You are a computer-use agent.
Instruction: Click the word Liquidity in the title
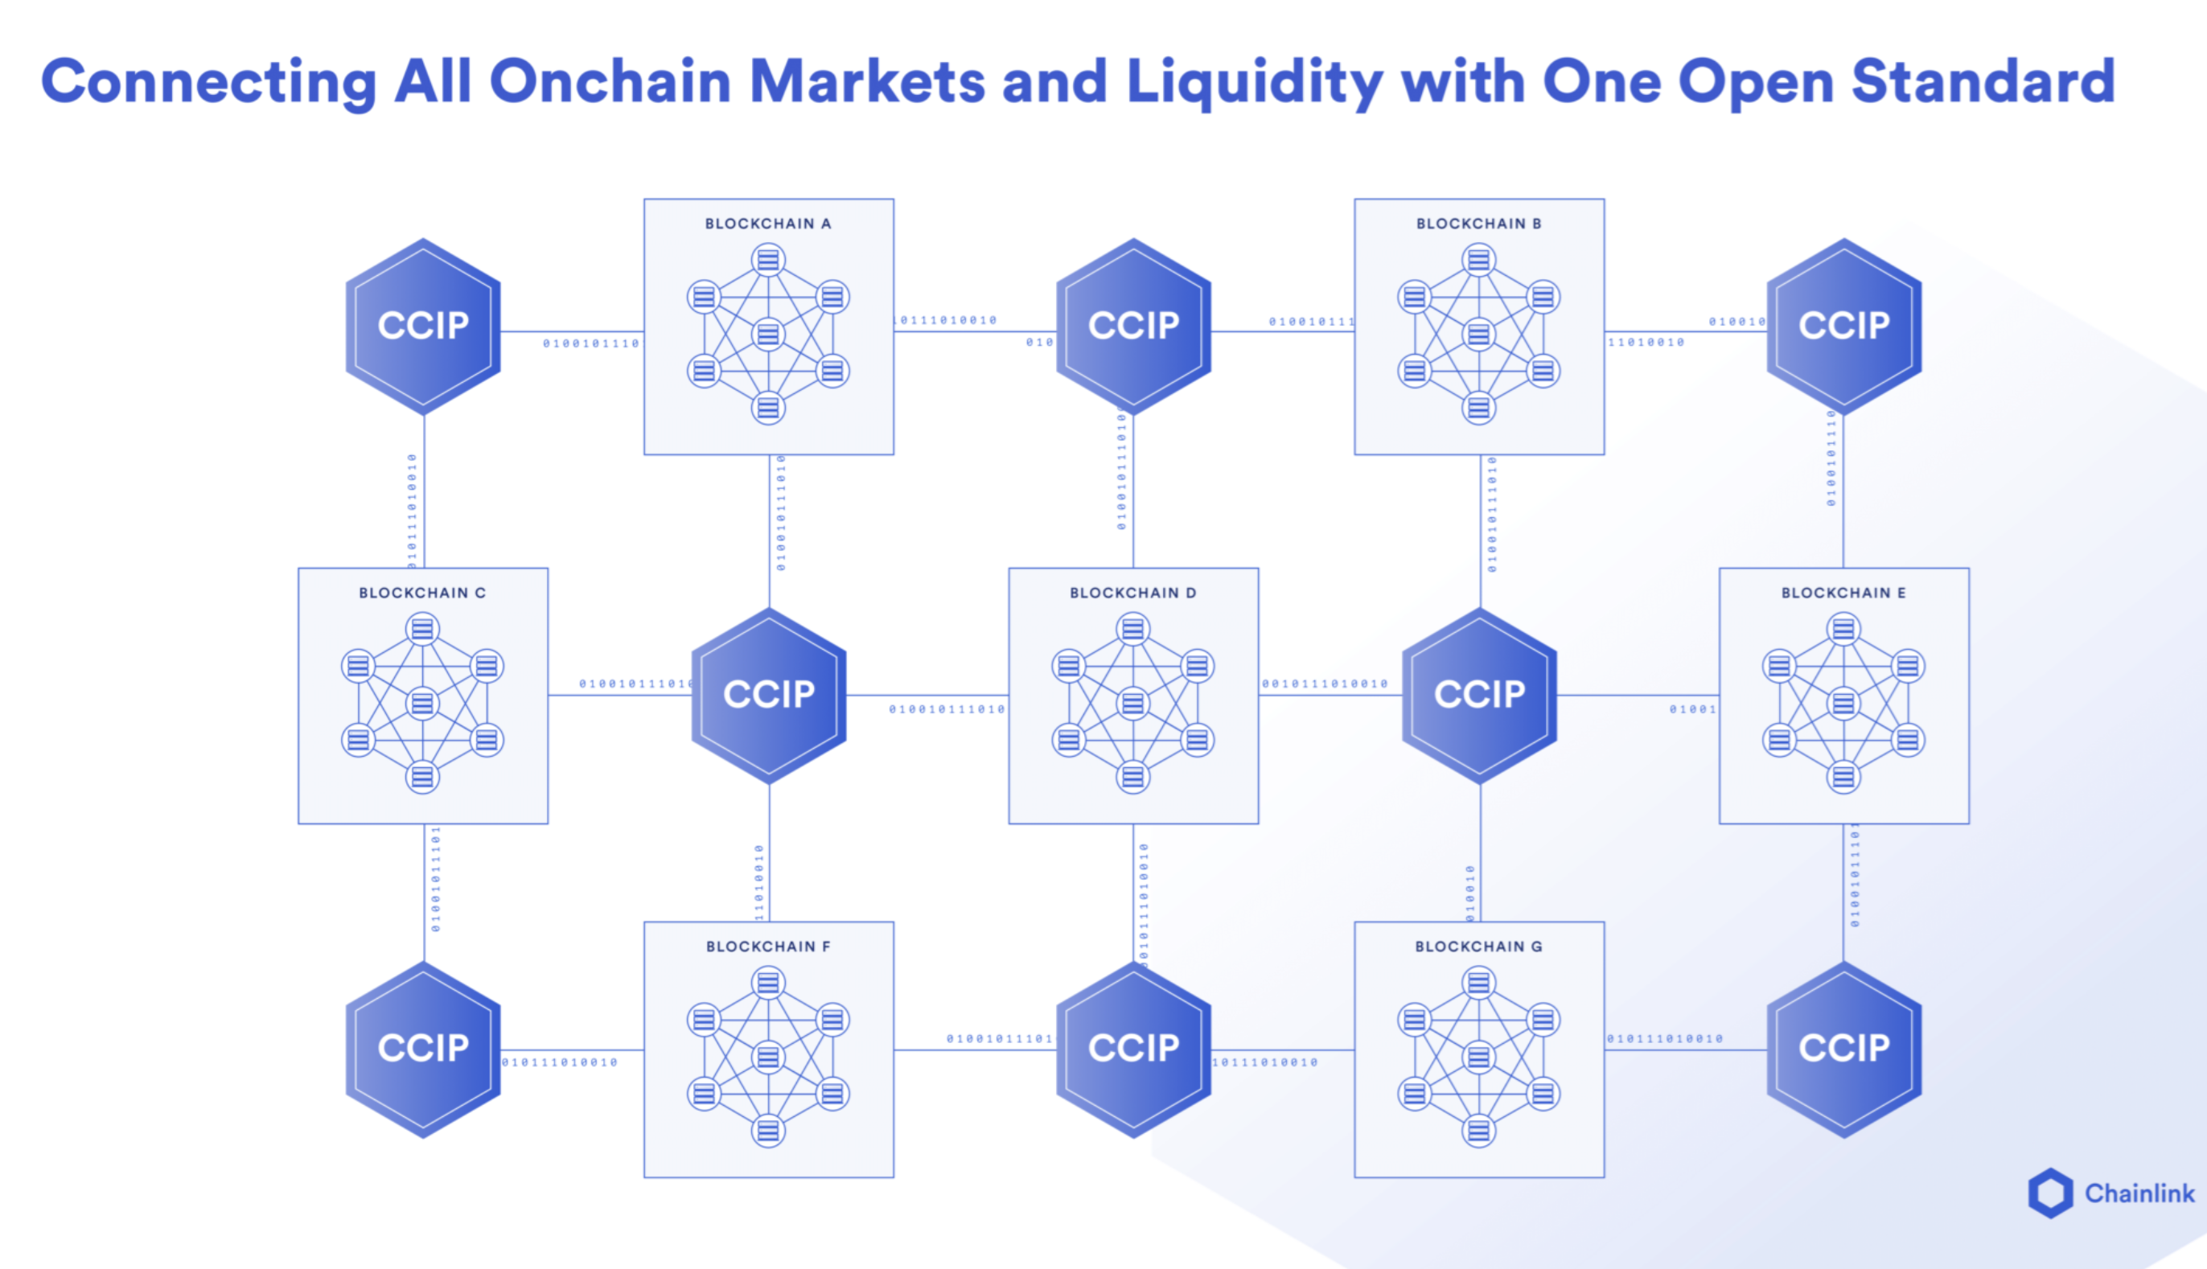coord(1253,82)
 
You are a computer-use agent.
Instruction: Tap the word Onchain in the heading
coord(610,82)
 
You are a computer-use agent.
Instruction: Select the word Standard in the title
coord(1982,82)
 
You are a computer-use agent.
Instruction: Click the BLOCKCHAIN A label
coord(768,224)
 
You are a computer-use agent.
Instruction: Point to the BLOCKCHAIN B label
coord(1478,224)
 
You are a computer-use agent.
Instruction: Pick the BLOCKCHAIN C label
coord(422,593)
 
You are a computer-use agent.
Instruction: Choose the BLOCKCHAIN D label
coord(1132,593)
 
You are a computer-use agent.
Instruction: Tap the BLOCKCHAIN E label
coord(1843,593)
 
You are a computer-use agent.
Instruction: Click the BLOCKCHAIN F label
coord(768,947)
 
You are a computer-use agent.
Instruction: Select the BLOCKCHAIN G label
coord(1478,947)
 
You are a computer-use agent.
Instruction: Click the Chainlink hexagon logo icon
coord(2050,1193)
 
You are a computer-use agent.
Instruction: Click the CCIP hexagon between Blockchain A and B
coord(1133,326)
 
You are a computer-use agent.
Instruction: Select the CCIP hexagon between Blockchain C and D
coord(769,695)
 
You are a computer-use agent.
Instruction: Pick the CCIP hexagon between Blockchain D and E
coord(1479,695)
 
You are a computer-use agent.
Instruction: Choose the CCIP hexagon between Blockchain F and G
coord(1133,1049)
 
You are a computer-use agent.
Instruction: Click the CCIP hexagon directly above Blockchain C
coord(423,326)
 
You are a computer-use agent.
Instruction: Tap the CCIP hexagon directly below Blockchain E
coord(1843,1049)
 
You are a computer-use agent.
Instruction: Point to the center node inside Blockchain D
coord(1133,703)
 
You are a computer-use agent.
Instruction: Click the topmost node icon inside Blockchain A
coord(768,260)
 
